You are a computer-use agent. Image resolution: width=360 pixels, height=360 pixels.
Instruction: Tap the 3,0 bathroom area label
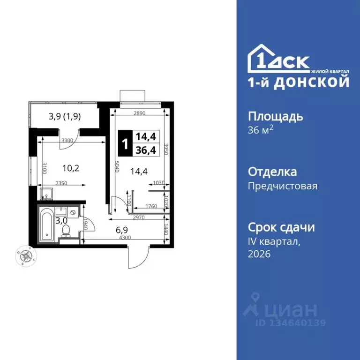pos(61,219)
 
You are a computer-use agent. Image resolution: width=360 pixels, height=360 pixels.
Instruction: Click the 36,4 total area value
pos(145,150)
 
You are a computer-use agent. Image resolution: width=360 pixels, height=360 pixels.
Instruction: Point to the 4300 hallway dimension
pos(124,238)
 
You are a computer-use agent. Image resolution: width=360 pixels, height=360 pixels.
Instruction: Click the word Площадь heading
pos(275,116)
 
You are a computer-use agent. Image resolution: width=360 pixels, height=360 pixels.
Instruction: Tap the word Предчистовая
pos(282,186)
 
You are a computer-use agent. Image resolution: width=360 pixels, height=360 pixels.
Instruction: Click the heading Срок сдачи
pos(281,227)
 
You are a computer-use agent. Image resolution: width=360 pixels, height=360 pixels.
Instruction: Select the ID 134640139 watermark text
pos(290,322)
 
